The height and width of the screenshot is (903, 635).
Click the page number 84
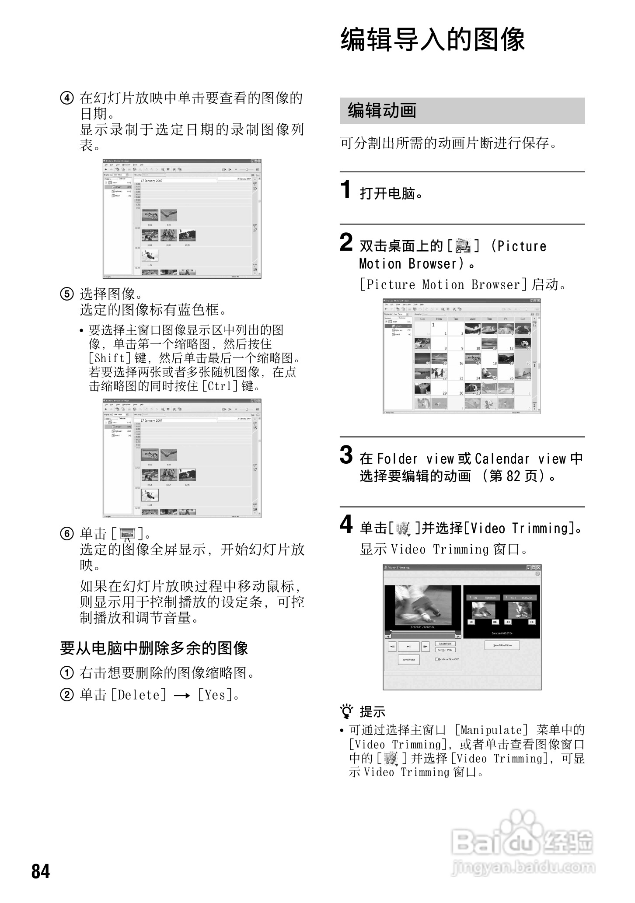41,871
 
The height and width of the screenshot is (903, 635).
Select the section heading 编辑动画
382,111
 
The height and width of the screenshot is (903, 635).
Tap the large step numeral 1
346,190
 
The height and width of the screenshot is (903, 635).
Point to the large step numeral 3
346,455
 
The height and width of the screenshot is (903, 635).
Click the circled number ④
66,98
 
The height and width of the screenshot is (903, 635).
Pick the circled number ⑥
66,534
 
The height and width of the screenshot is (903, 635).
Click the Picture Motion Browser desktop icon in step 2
462,246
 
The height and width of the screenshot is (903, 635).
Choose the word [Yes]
214,695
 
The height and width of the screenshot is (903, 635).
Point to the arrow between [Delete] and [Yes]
181,695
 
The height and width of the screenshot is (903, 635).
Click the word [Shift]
110,358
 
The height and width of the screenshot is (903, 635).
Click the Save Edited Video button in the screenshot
502,645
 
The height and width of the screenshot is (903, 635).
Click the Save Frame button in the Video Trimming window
408,659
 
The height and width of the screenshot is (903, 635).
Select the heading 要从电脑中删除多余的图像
154,647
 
